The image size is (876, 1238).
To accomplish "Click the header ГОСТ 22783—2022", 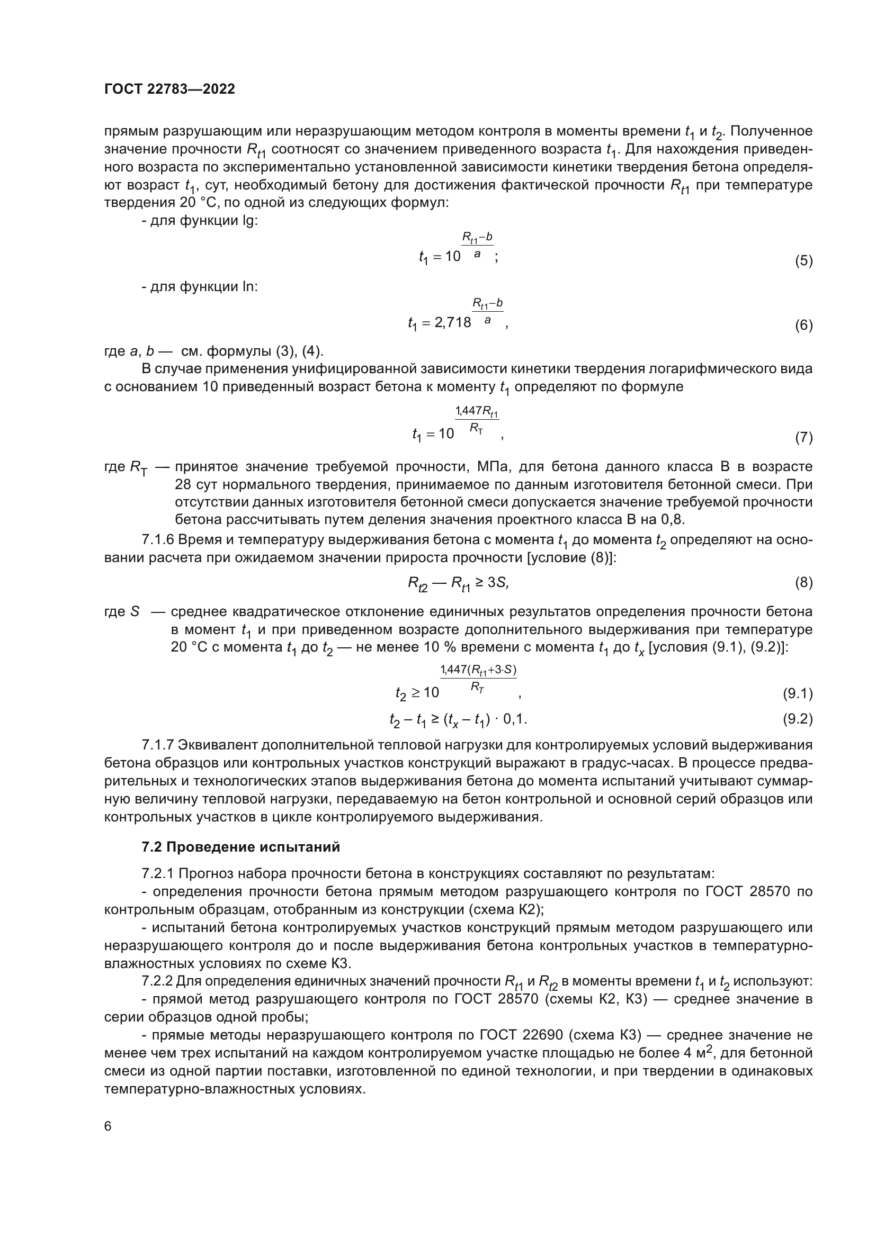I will pyautogui.click(x=169, y=89).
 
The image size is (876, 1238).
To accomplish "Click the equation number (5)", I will pyautogui.click(x=803, y=261).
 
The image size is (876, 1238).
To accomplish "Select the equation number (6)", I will pyautogui.click(x=803, y=325).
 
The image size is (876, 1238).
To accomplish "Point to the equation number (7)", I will pyautogui.click(x=803, y=437).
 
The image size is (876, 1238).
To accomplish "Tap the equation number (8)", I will pyautogui.click(x=803, y=582).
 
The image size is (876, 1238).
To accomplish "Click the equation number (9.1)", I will pyautogui.click(x=797, y=693).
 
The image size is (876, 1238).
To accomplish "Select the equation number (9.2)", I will pyautogui.click(x=797, y=719).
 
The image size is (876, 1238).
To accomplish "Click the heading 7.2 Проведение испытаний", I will pyautogui.click(x=240, y=847).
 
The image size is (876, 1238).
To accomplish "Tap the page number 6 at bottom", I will pyautogui.click(x=108, y=1126).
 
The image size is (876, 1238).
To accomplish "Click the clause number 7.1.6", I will pyautogui.click(x=157, y=540).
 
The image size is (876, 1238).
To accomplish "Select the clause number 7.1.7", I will pyautogui.click(x=157, y=745).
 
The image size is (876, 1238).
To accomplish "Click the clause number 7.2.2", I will pyautogui.click(x=157, y=981).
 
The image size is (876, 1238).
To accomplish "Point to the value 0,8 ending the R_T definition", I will pyautogui.click(x=672, y=520).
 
